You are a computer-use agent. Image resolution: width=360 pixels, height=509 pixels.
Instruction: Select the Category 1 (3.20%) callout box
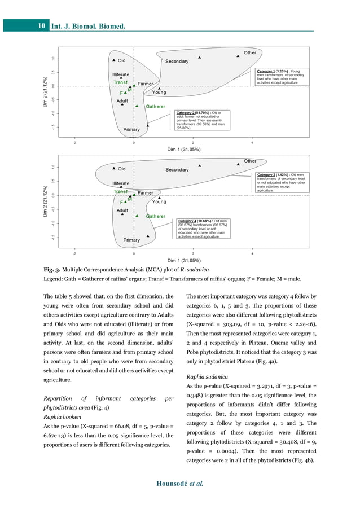pyautogui.click(x=281, y=77)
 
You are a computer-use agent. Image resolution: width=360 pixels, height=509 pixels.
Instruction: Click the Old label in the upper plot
pyautogui.click(x=121, y=60)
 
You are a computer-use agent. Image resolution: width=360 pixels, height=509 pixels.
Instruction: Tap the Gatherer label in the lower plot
pyautogui.click(x=156, y=216)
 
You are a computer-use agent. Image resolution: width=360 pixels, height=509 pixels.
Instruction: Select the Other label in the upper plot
pyautogui.click(x=249, y=52)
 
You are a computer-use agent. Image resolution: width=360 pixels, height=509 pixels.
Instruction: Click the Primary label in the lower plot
pyautogui.click(x=131, y=240)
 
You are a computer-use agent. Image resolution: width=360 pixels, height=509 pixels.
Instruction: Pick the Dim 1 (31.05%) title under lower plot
pyautogui.click(x=184, y=261)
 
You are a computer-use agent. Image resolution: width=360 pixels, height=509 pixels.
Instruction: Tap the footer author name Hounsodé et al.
pyautogui.click(x=180, y=484)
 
